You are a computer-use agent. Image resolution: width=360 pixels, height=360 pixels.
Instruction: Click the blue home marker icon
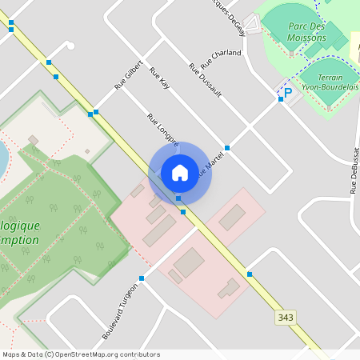(180, 172)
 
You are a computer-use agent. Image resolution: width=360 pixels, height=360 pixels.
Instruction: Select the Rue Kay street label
(160, 78)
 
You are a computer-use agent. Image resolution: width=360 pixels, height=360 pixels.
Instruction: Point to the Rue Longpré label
(162, 129)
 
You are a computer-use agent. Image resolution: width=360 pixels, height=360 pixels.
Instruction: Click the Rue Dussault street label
(205, 81)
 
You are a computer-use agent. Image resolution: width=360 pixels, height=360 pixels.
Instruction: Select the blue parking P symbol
(287, 94)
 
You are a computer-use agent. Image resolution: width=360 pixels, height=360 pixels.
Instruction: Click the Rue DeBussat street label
(354, 170)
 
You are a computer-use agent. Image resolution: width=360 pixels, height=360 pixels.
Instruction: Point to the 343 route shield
(286, 318)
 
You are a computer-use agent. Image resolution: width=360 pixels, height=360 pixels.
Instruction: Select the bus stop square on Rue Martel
(227, 148)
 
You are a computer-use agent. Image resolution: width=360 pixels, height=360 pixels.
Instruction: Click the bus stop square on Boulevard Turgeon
(142, 278)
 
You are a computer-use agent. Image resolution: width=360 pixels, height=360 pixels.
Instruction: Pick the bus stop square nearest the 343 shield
(250, 274)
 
